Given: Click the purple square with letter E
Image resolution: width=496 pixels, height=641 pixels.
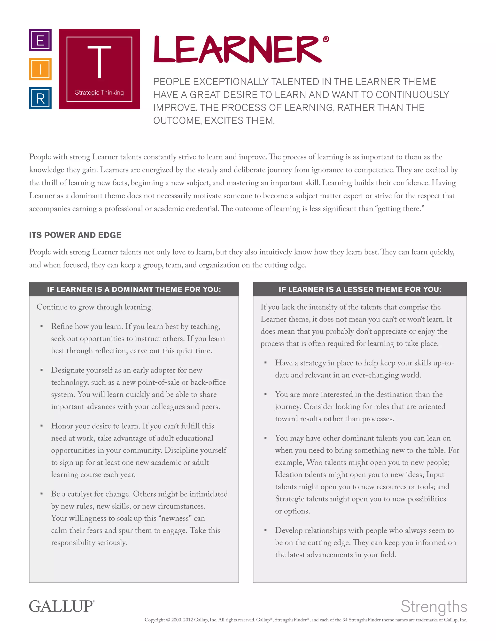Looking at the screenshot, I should [40, 40].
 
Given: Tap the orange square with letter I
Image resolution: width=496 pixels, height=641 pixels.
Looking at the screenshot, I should [40, 69].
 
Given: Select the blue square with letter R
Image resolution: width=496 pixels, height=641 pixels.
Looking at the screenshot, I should [40, 98].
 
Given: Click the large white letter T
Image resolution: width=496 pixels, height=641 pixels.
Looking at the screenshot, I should [99, 62].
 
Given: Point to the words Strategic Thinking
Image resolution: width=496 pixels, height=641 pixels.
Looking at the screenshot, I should [99, 92].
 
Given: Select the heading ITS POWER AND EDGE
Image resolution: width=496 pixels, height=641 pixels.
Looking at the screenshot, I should [75, 235].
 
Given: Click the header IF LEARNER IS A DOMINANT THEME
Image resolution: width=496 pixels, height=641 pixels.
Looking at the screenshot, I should [134, 289].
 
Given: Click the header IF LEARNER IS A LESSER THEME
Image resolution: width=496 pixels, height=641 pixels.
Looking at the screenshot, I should [360, 289].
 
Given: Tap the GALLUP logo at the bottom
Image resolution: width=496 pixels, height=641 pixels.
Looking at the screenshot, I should [62, 606].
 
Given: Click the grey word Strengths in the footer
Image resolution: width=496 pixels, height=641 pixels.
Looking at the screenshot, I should [434, 606].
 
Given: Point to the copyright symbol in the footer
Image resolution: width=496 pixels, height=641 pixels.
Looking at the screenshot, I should [168, 620].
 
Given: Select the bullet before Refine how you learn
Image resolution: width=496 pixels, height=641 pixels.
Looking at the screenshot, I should [41, 326].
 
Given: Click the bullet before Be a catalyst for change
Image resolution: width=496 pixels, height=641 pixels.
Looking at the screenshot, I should [41, 494].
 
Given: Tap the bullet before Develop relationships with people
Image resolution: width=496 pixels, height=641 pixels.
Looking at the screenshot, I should [265, 530].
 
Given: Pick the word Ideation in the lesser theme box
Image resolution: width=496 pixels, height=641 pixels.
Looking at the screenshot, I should [288, 475].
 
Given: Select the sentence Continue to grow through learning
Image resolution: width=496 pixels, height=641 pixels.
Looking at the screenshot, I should [95, 307].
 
